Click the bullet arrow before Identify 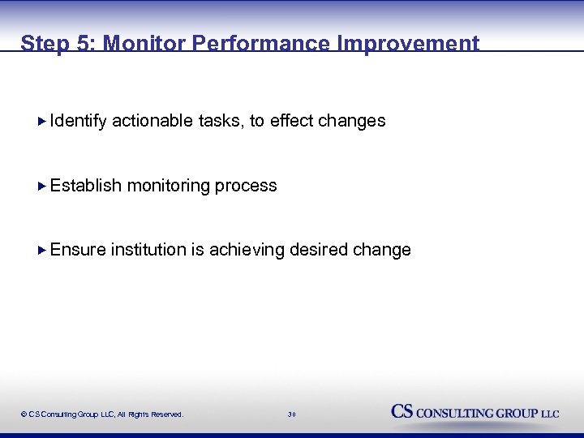[43, 121]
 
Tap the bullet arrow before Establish [43, 186]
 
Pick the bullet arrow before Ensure [43, 250]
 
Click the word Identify [78, 121]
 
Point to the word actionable [152, 121]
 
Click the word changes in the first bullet [352, 121]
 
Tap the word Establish [86, 186]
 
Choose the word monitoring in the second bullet [168, 186]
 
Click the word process [246, 186]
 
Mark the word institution [148, 250]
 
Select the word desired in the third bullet [320, 250]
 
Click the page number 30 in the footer [292, 414]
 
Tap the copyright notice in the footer [102, 414]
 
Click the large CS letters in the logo [402, 411]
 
